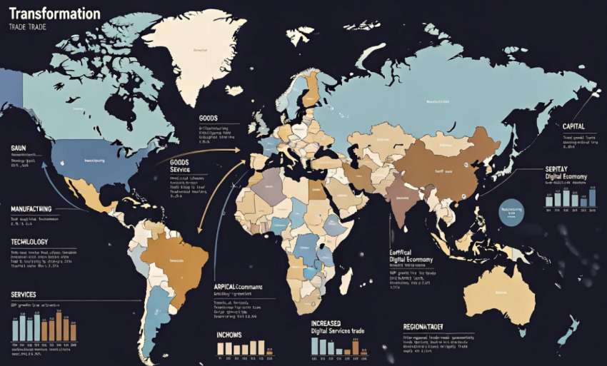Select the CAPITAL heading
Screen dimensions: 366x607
click(578, 126)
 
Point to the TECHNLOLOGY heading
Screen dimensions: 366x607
click(29, 242)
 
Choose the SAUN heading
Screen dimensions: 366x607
click(19, 148)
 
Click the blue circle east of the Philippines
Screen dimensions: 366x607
click(511, 213)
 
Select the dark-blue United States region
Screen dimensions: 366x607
click(93, 163)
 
